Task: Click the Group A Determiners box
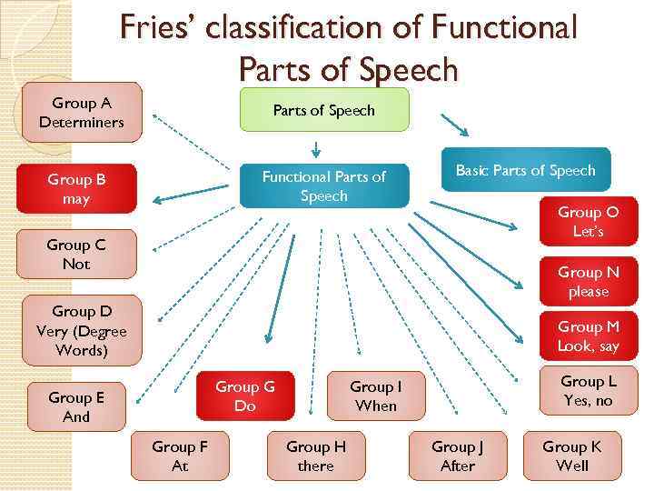coord(82,113)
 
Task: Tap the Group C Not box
coord(76,255)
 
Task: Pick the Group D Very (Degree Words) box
coord(82,330)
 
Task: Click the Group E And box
coord(76,406)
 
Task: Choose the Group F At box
coord(180,456)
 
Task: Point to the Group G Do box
coord(244,396)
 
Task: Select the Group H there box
coord(316,456)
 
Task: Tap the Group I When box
coord(376,396)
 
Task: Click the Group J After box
coord(458,456)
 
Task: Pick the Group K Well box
coord(572,456)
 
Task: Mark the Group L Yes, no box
coord(588,391)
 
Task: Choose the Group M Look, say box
coord(588,336)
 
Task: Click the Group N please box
coord(588,281)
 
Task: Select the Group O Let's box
coord(588,222)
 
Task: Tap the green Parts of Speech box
coord(324,110)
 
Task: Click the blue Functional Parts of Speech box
coord(324,185)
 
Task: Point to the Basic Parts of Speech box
coord(526,171)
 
